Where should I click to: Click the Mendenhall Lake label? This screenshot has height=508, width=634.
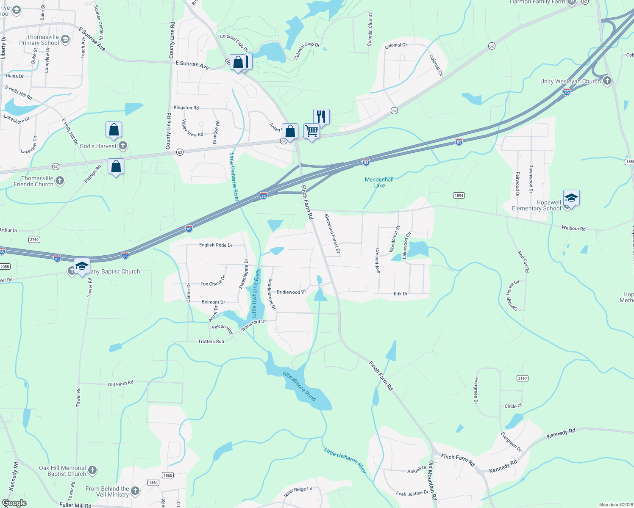[379, 182]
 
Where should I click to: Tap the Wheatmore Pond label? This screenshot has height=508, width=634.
[300, 386]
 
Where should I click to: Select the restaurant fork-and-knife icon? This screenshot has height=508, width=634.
[322, 116]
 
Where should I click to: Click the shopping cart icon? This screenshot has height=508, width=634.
[311, 131]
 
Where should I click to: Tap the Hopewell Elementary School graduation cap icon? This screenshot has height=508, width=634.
[571, 198]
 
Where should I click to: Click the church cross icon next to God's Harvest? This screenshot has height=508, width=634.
[123, 146]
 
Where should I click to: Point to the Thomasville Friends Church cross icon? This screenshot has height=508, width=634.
[60, 181]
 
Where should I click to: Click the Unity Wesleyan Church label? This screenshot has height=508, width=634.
[570, 81]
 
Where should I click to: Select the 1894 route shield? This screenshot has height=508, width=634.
[459, 195]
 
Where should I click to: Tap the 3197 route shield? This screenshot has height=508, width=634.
[523, 378]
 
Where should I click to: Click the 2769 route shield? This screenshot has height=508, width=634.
[34, 240]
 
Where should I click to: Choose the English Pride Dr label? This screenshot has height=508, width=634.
[216, 245]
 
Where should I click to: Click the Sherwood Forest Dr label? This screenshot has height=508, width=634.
[332, 233]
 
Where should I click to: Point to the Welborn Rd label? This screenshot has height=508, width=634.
[573, 228]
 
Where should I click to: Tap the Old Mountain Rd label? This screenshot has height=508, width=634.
[432, 480]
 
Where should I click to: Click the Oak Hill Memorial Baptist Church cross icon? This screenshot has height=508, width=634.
[92, 470]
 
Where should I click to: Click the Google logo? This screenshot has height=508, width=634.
[14, 503]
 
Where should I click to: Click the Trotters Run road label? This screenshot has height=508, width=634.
[211, 341]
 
